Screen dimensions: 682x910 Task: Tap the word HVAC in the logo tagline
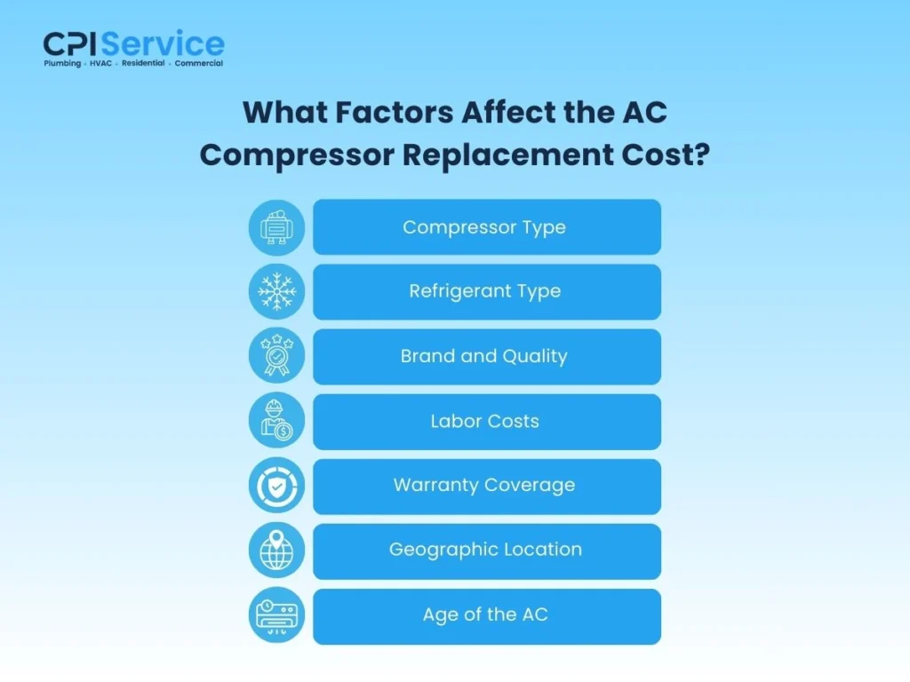[100, 64]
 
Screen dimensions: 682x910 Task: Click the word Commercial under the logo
[198, 64]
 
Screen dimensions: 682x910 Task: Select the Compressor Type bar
[486, 227]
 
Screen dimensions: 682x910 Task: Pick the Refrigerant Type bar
[486, 291]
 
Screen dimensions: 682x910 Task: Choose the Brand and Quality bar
[486, 356]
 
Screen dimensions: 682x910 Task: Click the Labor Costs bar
[486, 421]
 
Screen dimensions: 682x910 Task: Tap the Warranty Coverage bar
[486, 486]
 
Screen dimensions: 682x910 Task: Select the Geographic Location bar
[486, 551]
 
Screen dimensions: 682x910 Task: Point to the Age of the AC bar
[486, 615]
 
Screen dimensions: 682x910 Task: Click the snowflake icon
[276, 291]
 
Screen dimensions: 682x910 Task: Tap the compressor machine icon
[276, 227]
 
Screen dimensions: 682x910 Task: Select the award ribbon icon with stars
[276, 356]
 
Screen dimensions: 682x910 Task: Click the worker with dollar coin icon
[276, 421]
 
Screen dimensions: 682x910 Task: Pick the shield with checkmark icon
[276, 486]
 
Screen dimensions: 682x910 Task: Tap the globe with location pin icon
[276, 551]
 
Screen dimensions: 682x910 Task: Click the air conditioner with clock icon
[276, 615]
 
